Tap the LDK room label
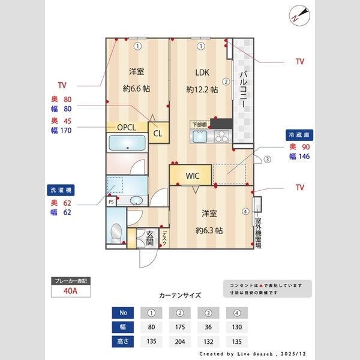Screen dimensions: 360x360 [x=202, y=73]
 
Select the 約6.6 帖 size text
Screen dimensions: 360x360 [x=137, y=89]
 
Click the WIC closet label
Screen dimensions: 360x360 [x=192, y=176]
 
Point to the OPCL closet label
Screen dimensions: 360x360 [x=126, y=127]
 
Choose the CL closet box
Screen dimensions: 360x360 [x=158, y=133]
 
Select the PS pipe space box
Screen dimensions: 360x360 [x=111, y=202]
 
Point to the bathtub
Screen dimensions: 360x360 [x=127, y=143]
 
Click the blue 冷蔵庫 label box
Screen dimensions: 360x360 [x=299, y=136]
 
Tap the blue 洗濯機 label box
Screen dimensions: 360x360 [x=62, y=190]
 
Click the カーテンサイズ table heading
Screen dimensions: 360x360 [x=180, y=295]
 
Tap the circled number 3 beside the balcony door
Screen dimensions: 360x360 [x=268, y=160]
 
